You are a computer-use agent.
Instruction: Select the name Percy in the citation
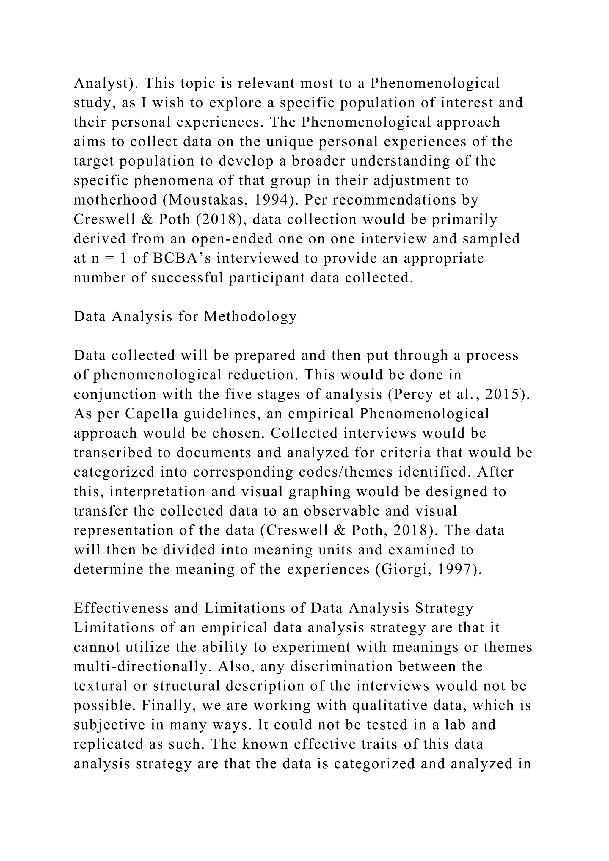pyautogui.click(x=406, y=395)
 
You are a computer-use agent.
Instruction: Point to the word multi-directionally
pyautogui.click(x=143, y=666)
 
